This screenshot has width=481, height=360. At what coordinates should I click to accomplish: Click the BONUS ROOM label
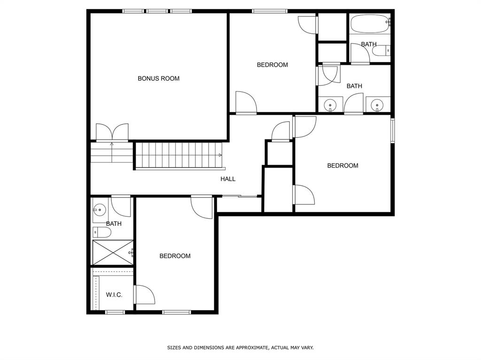pyautogui.click(x=158, y=78)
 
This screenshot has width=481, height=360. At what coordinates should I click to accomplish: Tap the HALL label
pyautogui.click(x=228, y=179)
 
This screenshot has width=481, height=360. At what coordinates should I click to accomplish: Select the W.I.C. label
pyautogui.click(x=114, y=295)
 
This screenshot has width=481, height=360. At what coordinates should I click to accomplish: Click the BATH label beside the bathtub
pyautogui.click(x=369, y=44)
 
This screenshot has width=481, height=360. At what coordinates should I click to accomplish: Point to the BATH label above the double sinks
pyautogui.click(x=354, y=86)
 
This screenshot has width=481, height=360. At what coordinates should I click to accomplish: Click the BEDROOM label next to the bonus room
pyautogui.click(x=272, y=65)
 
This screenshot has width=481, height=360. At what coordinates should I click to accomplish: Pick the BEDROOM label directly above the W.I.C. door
pyautogui.click(x=175, y=256)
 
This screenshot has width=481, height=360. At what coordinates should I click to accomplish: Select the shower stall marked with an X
pyautogui.click(x=113, y=252)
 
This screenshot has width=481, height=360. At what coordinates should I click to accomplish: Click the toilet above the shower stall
pyautogui.click(x=102, y=232)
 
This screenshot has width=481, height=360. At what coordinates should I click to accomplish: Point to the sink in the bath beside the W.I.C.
pyautogui.click(x=100, y=211)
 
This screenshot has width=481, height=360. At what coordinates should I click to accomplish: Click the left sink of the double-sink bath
pyautogui.click(x=331, y=105)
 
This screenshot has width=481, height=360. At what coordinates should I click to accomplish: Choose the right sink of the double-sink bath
pyautogui.click(x=378, y=105)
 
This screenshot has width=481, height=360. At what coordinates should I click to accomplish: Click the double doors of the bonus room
pyautogui.click(x=112, y=132)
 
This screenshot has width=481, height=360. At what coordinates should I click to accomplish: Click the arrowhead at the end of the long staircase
pyautogui.click(x=220, y=154)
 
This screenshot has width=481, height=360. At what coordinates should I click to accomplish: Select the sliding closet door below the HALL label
pyautogui.click(x=240, y=196)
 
